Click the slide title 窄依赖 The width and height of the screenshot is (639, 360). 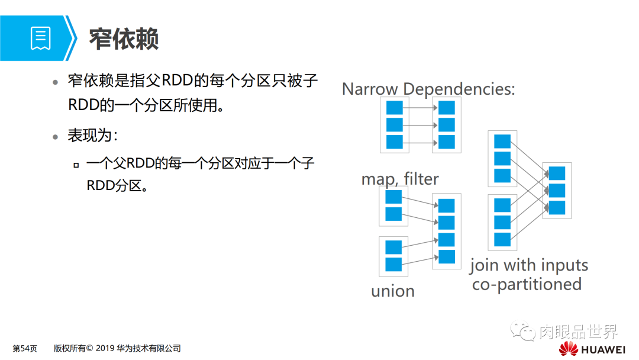[x=124, y=39]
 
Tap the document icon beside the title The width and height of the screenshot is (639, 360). [x=41, y=38]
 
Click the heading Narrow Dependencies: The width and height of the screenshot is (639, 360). [x=428, y=89]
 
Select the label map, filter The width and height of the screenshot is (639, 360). [x=400, y=178]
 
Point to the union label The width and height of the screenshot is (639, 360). [x=393, y=291]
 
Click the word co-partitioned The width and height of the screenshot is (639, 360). [x=527, y=284]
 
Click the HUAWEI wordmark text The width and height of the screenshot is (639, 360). [x=604, y=349]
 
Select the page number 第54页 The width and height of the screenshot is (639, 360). [x=25, y=349]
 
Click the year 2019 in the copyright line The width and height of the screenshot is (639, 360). [x=104, y=349]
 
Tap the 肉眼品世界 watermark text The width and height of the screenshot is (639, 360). [x=578, y=332]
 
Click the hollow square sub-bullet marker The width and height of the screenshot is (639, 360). [x=76, y=165]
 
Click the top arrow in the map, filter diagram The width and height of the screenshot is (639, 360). [x=420, y=108]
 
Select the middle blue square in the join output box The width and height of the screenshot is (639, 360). [x=557, y=191]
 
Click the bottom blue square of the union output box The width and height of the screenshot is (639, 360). [x=447, y=256]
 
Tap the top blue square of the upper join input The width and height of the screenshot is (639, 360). [x=502, y=142]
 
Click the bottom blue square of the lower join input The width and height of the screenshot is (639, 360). [x=502, y=239]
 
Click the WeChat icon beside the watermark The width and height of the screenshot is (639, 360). [x=523, y=332]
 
